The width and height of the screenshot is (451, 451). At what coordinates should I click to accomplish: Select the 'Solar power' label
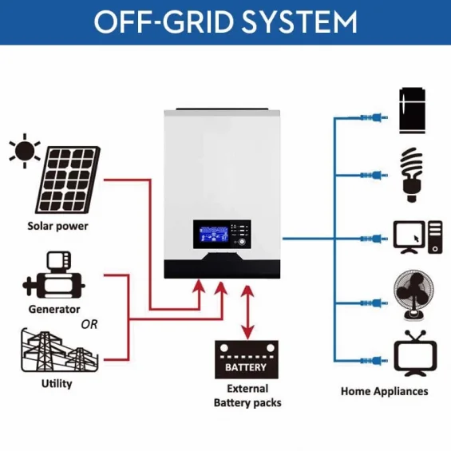pos(57,226)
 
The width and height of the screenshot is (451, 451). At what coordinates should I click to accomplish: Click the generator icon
pos(53,276)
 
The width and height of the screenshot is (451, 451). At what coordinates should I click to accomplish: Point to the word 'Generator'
pos(54,309)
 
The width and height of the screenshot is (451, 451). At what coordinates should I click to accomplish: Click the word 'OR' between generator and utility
pos(89,324)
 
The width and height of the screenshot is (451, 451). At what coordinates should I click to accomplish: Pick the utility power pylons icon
pos(57,351)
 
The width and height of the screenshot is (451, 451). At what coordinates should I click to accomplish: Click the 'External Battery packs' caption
pos(247,396)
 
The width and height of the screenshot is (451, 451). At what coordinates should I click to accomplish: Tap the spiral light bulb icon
pos(412,172)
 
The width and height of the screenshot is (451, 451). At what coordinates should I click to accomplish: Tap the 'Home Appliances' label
pos(384,391)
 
